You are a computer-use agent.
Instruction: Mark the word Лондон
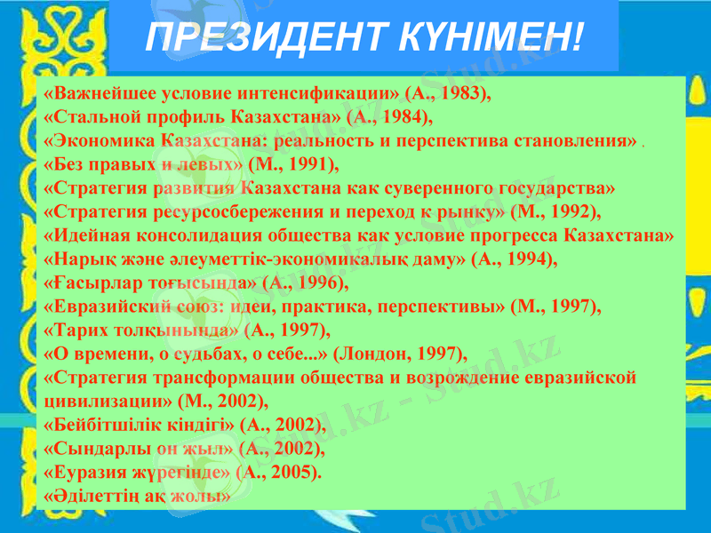click(375, 354)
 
